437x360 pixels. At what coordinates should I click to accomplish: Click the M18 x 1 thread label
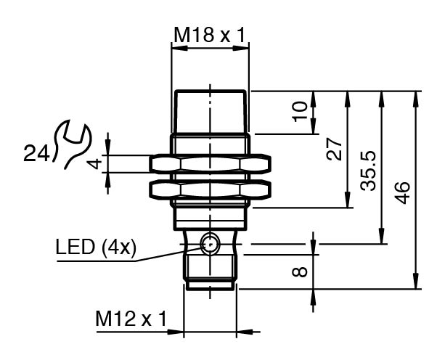coord(209,33)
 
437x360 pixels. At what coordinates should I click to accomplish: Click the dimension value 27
coord(334,150)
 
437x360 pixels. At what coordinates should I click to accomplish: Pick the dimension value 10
coord(300,111)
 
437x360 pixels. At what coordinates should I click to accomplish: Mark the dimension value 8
coord(299,273)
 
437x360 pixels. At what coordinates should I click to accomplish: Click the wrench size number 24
coord(36,154)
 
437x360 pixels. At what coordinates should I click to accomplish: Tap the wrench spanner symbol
coord(73,143)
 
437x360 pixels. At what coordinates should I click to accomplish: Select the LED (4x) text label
coord(95,247)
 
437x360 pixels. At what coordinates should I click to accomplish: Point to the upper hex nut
coord(210,163)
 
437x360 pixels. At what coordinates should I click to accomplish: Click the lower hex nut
coord(210,190)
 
